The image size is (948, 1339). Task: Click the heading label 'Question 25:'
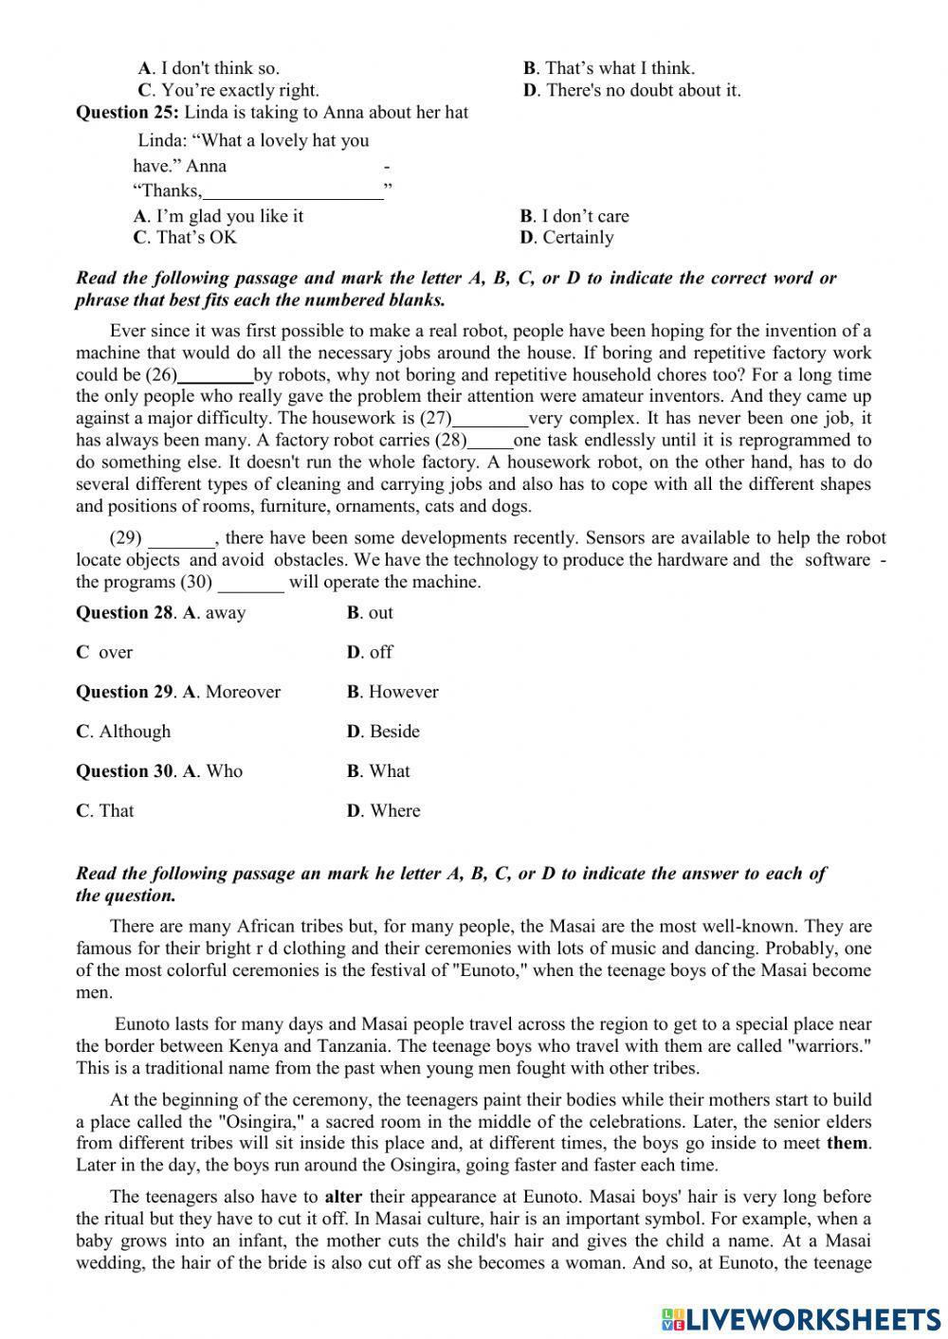pyautogui.click(x=127, y=113)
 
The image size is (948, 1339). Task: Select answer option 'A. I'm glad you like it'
pyautogui.click(x=218, y=216)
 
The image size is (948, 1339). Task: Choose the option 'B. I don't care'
pyautogui.click(x=574, y=216)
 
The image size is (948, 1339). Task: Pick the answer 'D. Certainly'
pyautogui.click(x=567, y=238)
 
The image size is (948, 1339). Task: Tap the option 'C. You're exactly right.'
pyautogui.click(x=228, y=91)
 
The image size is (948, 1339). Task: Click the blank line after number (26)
pyautogui.click(x=215, y=375)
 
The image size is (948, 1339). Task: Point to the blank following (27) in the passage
pyautogui.click(x=490, y=419)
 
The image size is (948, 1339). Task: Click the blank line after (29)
pyautogui.click(x=182, y=539)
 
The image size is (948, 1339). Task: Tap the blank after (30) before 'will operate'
pyautogui.click(x=250, y=583)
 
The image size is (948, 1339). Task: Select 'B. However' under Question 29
pyautogui.click(x=392, y=693)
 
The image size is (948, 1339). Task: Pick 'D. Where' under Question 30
pyautogui.click(x=383, y=811)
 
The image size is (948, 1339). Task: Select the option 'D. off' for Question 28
pyautogui.click(x=370, y=653)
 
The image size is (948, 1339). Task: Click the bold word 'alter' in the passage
pyautogui.click(x=343, y=1197)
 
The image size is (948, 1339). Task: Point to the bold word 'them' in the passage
pyautogui.click(x=848, y=1144)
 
